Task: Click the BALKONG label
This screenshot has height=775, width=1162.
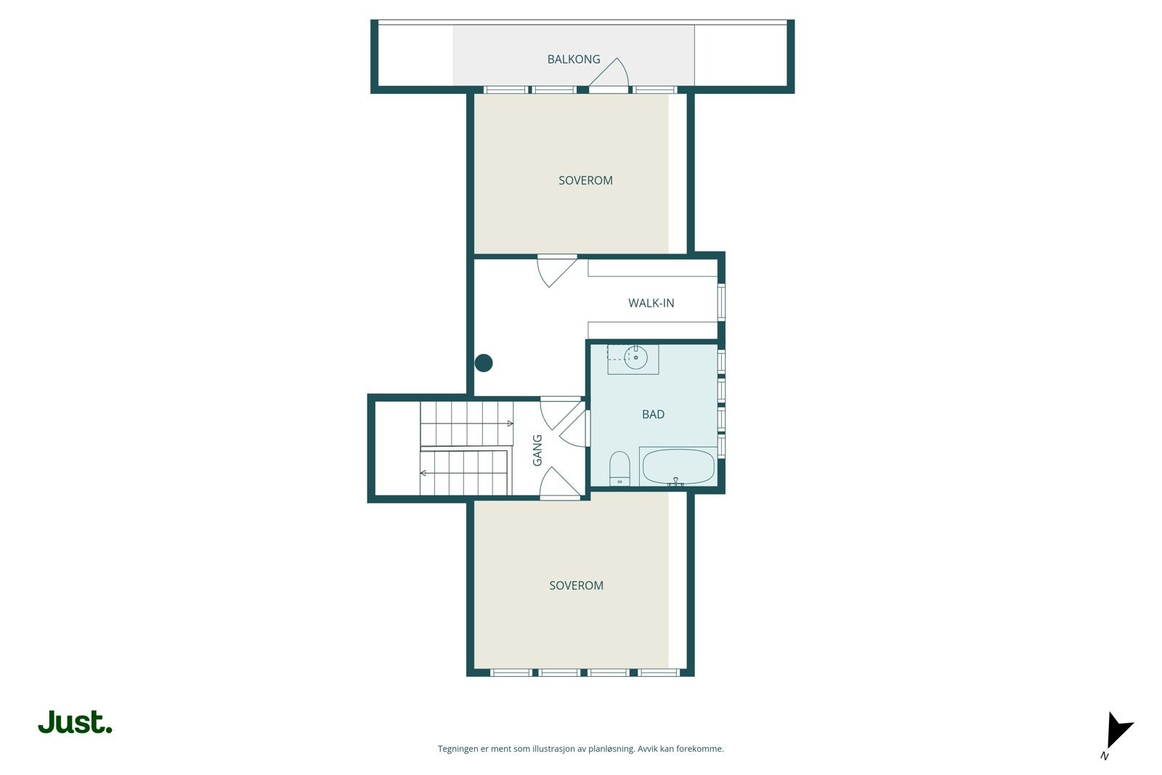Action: [574, 60]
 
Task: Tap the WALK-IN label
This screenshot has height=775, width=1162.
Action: [651, 303]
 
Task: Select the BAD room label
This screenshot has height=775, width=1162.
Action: [653, 414]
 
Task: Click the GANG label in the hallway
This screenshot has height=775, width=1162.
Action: [537, 450]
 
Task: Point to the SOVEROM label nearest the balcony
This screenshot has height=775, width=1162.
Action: [585, 180]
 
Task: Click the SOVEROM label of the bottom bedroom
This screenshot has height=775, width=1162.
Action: [576, 585]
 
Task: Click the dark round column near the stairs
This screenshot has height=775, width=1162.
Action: [484, 363]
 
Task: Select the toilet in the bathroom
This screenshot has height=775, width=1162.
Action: [619, 468]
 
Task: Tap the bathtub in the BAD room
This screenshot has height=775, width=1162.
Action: [678, 467]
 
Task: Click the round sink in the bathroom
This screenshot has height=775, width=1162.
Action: [635, 357]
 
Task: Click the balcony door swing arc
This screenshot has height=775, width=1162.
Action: [614, 72]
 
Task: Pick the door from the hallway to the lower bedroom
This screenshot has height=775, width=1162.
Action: [559, 483]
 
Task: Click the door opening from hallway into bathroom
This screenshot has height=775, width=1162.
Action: [574, 429]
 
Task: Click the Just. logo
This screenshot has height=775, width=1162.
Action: [75, 723]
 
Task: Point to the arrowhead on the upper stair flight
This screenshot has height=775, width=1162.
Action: [510, 423]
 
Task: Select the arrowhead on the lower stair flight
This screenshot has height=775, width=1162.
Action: [423, 473]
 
